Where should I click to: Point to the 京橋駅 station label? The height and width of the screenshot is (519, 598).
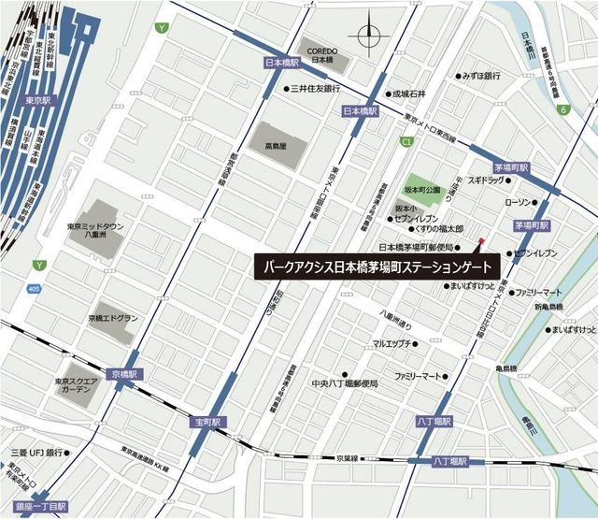click(x=122, y=372)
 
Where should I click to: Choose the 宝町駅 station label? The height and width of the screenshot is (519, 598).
click(x=207, y=423)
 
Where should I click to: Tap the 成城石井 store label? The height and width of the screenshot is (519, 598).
click(x=408, y=94)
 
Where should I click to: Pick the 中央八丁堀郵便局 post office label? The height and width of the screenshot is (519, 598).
click(x=345, y=383)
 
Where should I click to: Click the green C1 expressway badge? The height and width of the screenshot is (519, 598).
click(x=406, y=141)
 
